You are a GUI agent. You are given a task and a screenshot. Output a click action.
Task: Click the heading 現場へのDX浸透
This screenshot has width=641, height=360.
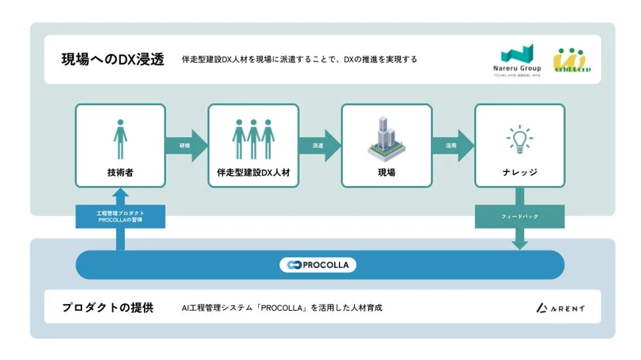pos(112,59)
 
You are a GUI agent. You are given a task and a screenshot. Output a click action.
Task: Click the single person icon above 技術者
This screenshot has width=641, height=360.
pos(120,139)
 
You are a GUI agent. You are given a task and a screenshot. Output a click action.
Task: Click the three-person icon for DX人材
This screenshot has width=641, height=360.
pos(254,139)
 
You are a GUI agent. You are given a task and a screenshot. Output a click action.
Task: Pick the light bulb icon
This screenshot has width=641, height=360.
pos(519,139)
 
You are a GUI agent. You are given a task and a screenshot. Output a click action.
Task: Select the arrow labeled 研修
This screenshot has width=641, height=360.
pos(185,145)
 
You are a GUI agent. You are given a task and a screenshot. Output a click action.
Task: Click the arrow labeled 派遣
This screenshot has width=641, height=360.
pos(319,145)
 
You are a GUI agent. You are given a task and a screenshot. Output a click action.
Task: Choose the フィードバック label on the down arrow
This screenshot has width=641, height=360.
pos(519,217)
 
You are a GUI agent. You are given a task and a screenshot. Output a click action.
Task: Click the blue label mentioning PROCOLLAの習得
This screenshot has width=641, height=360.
pos(120,217)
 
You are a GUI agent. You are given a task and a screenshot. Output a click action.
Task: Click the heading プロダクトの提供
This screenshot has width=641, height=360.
pos(108,307)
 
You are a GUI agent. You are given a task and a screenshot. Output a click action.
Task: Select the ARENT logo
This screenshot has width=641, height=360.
pos(560,307)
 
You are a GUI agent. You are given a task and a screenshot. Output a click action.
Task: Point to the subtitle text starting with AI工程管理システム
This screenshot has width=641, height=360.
pos(282,307)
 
